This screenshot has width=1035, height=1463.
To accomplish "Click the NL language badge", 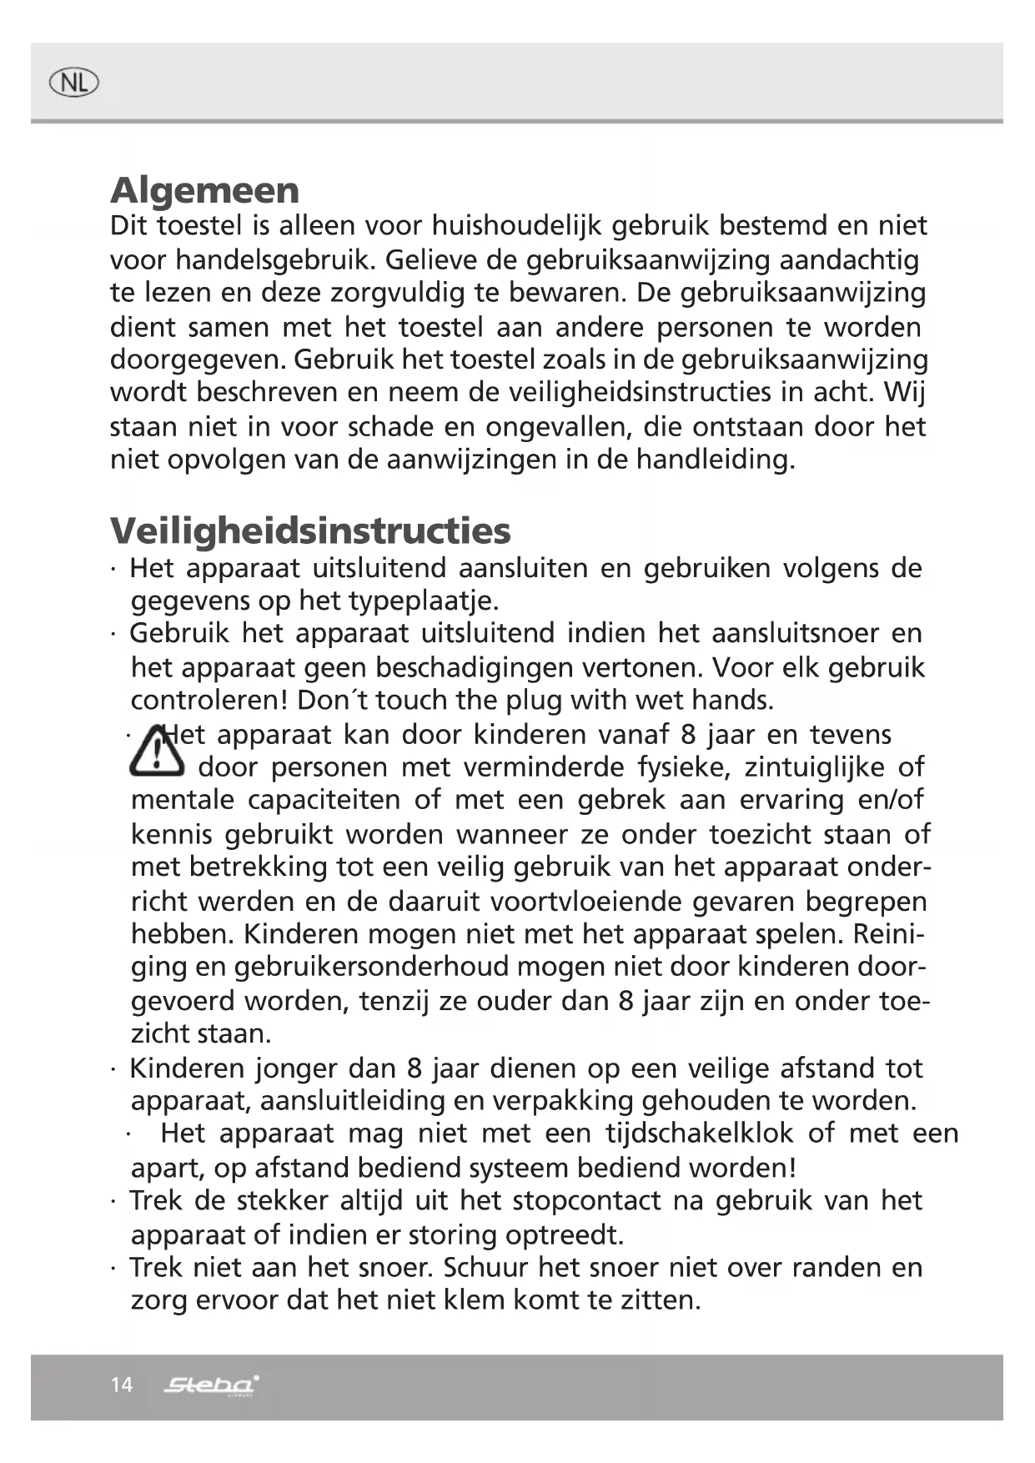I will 73,83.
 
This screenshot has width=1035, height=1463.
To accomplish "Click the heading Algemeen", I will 204,190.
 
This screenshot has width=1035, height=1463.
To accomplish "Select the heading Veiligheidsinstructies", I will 310,530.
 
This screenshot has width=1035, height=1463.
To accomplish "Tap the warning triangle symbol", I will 156,751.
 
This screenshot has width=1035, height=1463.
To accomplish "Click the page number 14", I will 121,1385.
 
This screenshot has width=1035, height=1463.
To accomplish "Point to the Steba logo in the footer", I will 211,1385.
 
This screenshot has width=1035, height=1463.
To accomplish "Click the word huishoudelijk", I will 517,226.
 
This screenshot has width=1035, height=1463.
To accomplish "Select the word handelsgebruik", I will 275,260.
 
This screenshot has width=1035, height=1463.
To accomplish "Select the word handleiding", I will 716,460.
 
